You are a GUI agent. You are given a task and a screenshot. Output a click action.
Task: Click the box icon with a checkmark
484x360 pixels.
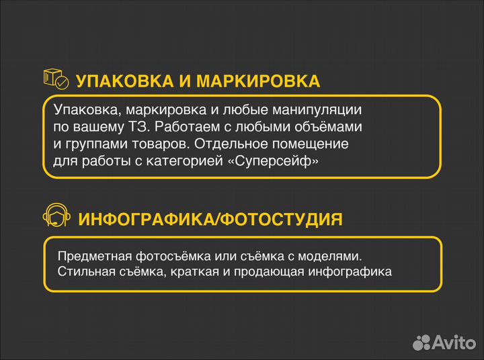[55, 79]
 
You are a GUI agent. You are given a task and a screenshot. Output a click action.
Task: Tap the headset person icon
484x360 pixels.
[56, 216]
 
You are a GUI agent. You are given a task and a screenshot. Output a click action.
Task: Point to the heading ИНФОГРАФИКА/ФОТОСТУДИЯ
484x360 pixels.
[210, 219]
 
